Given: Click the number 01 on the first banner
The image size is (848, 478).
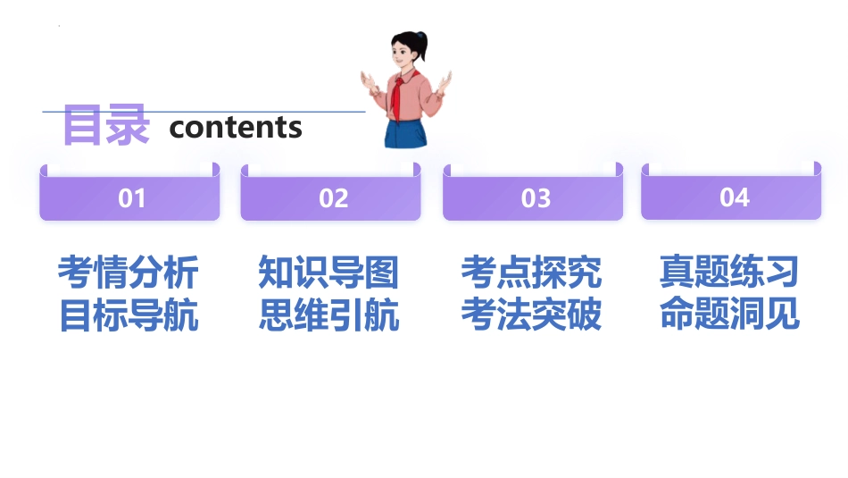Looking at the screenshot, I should [x=131, y=198].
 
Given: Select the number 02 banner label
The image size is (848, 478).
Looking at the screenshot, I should [x=333, y=198].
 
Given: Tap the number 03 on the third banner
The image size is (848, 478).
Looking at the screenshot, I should [x=536, y=198].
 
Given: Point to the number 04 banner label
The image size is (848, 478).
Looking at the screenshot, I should [x=734, y=197].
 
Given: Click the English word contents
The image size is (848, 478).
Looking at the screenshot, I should [x=236, y=127].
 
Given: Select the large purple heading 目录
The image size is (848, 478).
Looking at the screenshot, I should [x=105, y=126].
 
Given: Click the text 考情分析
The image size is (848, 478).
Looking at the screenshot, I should [x=128, y=273].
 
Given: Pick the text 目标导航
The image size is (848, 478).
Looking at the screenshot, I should [x=128, y=315].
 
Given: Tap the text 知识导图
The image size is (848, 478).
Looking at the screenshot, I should [x=328, y=273].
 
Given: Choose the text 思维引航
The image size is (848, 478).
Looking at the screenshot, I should [x=328, y=315].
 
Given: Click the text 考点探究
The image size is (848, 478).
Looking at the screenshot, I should [x=531, y=273].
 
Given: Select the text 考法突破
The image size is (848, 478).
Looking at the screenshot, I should [x=531, y=315].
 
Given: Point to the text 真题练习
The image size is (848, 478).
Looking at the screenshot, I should [x=729, y=272].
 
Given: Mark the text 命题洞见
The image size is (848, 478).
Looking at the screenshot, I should [x=729, y=314].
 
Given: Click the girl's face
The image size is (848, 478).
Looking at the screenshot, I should [x=403, y=55].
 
